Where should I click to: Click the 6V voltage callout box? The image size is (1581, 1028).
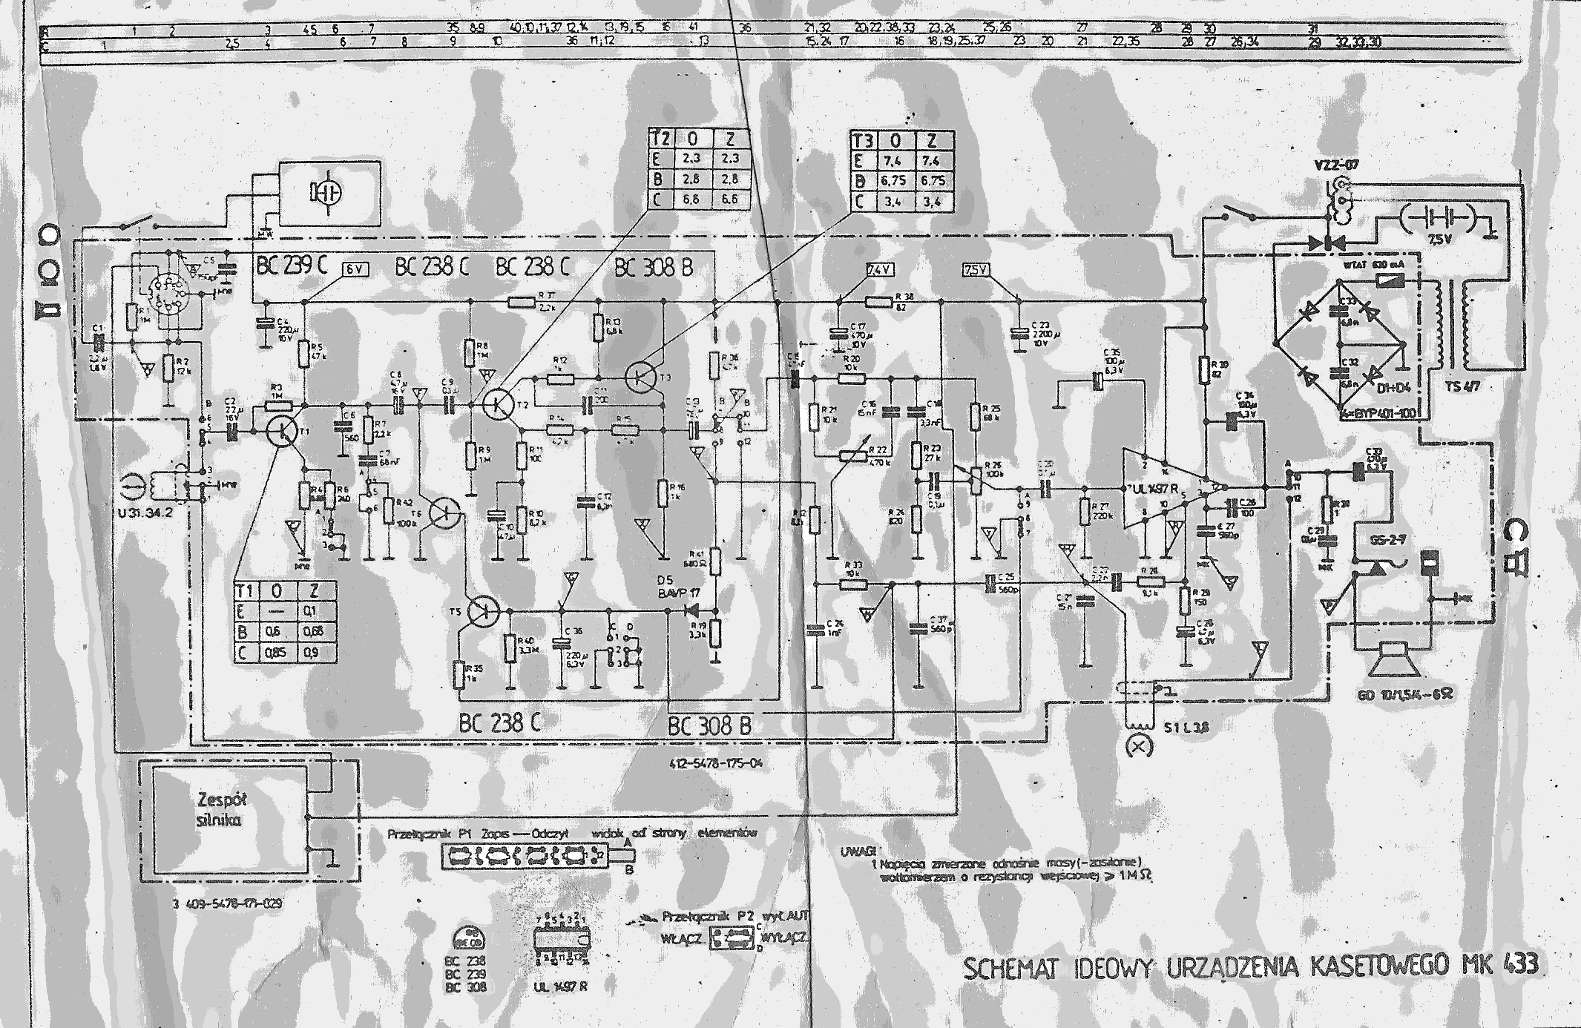[x=355, y=270]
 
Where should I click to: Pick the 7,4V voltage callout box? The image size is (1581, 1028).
[x=881, y=271]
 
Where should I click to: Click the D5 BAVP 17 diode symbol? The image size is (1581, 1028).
[x=689, y=610]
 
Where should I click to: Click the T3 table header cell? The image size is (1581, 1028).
[x=862, y=140]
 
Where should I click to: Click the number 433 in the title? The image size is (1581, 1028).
[x=1521, y=964]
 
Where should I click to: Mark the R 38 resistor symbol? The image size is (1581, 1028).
[x=878, y=301]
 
